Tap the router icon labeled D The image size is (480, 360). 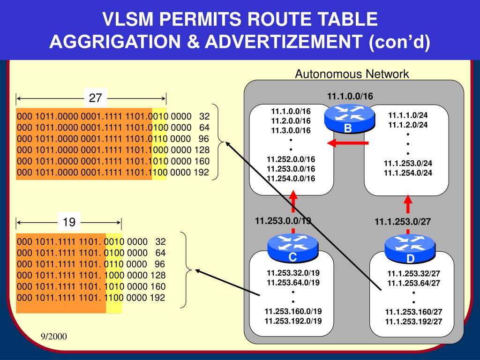[x=410, y=249]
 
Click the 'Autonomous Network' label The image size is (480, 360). [x=352, y=74]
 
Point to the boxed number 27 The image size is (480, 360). [x=96, y=98]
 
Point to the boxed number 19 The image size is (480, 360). [x=69, y=222]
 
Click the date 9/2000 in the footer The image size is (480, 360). [x=53, y=337]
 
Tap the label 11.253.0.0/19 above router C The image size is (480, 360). [x=283, y=221]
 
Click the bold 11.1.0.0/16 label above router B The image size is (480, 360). [x=350, y=97]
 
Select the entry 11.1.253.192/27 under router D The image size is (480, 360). [x=413, y=322]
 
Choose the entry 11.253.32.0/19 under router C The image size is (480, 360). [x=293, y=273]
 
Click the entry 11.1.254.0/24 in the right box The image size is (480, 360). [x=408, y=172]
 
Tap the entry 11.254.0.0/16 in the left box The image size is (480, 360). [x=291, y=178]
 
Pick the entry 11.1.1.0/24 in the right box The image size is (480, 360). [x=408, y=115]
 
